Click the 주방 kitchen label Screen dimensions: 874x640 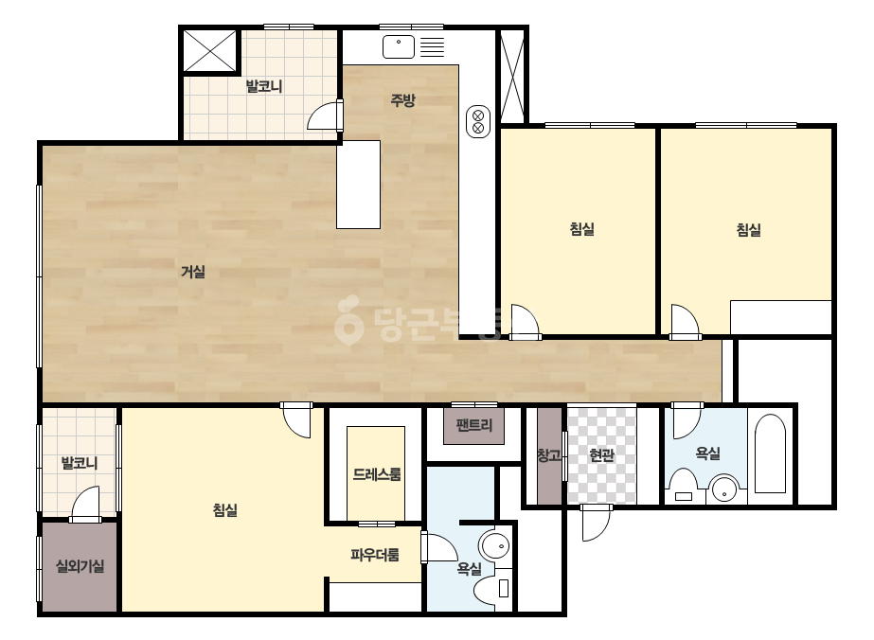402,100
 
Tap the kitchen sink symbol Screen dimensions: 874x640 399,46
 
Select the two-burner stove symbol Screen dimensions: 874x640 477,121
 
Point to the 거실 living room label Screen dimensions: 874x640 193,272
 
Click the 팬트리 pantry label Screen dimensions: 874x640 473,425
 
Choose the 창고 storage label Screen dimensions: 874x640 549,455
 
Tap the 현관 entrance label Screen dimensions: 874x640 601,455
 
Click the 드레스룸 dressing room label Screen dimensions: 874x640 376,474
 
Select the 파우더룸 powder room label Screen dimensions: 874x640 375,555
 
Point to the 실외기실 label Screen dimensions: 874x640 80,566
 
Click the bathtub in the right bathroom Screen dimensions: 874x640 770,453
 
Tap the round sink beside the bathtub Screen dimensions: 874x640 724,489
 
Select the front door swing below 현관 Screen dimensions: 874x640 596,523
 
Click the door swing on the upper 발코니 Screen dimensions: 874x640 325,116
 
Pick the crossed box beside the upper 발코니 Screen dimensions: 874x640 209,51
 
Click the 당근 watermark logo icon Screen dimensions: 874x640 348,320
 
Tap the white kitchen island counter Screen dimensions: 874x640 359,185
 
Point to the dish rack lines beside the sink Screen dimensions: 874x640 432,46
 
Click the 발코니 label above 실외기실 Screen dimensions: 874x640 80,463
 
